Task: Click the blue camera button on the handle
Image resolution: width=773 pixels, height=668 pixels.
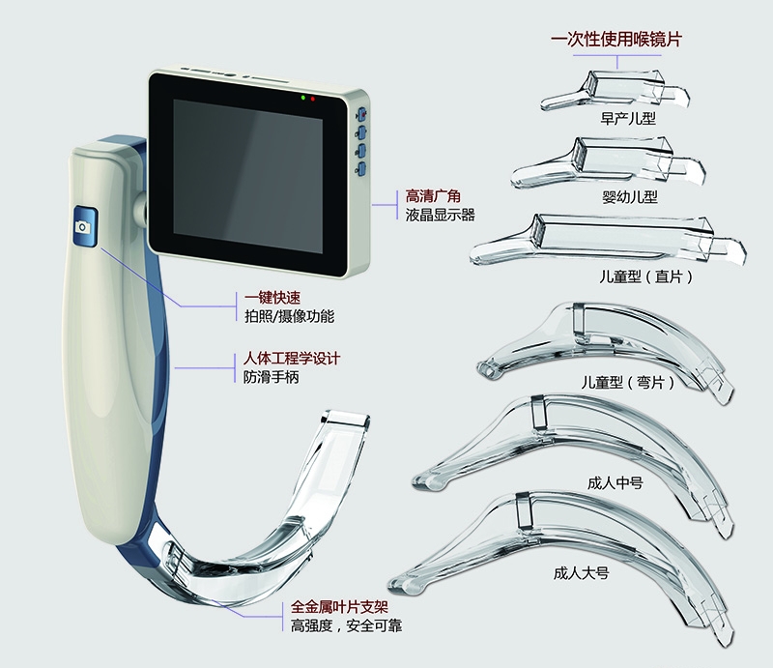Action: click(x=85, y=226)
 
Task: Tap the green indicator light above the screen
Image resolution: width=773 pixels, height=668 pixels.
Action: click(x=302, y=98)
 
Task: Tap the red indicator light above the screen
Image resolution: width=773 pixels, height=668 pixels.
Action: click(x=312, y=100)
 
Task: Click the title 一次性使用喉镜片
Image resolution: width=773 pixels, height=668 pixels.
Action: click(x=616, y=39)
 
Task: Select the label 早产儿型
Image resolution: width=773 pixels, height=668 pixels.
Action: click(x=628, y=118)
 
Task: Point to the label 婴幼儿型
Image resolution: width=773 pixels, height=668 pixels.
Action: click(x=630, y=197)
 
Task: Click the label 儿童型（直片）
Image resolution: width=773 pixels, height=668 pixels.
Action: click(x=646, y=276)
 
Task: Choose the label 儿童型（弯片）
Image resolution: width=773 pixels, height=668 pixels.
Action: click(x=627, y=382)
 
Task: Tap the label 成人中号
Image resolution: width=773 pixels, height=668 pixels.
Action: click(x=616, y=482)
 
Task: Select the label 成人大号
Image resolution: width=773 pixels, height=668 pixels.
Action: click(x=582, y=573)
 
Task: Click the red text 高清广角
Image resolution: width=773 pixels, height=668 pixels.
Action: click(x=433, y=196)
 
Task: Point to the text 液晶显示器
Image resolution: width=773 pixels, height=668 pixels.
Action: click(x=441, y=215)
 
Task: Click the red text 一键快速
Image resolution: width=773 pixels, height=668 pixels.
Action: click(x=272, y=298)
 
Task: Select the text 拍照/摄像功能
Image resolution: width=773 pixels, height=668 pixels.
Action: click(x=289, y=316)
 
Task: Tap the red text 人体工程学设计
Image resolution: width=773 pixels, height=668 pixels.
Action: click(x=292, y=359)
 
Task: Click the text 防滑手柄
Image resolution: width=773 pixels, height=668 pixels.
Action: click(x=272, y=377)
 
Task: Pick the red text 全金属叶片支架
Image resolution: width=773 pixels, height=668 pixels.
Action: click(x=340, y=607)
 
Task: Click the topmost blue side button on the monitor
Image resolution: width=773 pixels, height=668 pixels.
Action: click(x=361, y=115)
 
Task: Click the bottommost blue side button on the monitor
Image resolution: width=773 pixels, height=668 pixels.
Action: click(x=361, y=169)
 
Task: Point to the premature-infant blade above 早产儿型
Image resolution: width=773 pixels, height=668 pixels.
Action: click(x=615, y=91)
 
